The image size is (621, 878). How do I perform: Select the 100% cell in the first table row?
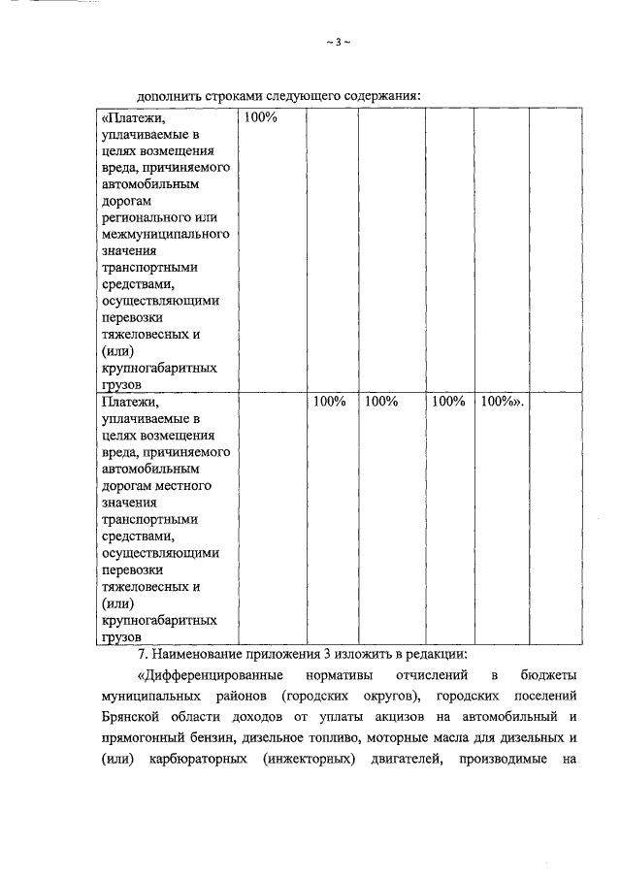261,117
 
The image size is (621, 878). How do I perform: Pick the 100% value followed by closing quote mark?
502,401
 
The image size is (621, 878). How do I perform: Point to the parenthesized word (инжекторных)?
310,764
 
